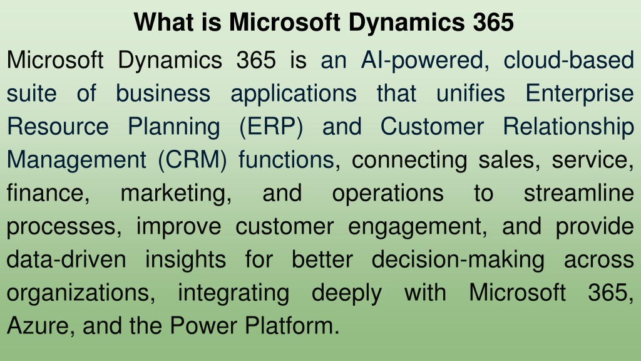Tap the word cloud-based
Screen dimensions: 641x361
coord(568,60)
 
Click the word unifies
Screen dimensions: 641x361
coord(471,93)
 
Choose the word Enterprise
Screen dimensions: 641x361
coord(580,94)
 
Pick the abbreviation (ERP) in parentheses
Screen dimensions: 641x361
coord(272,127)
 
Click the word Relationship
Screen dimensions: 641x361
coord(568,127)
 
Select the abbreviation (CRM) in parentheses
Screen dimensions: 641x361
coord(193,160)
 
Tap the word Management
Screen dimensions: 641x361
coord(77,160)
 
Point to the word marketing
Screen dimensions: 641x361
coord(176,194)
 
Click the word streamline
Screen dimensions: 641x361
coord(579,193)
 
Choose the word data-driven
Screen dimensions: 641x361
coord(66,259)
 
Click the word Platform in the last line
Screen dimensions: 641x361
coord(292,326)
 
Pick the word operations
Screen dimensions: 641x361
coord(387,194)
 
